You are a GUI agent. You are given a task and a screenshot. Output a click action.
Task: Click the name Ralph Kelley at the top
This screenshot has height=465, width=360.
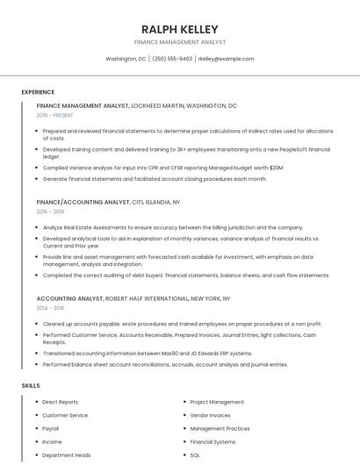tap(180, 29)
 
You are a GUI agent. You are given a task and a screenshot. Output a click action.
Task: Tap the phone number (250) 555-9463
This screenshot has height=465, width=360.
tap(172, 59)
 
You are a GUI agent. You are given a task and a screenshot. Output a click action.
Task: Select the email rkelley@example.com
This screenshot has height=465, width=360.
tap(226, 59)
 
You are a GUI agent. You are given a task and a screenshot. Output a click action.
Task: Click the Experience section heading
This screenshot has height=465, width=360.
tap(38, 92)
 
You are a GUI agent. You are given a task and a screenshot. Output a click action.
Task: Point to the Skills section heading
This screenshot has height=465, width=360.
tap(31, 385)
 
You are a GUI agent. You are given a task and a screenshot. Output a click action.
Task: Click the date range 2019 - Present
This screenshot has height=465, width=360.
tap(55, 115)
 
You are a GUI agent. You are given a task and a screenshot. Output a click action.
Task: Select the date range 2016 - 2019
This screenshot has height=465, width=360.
tap(50, 211)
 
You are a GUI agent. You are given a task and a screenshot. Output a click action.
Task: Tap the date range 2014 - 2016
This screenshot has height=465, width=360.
tap(50, 308)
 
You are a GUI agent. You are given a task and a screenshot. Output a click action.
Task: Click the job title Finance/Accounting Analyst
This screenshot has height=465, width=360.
tap(83, 202)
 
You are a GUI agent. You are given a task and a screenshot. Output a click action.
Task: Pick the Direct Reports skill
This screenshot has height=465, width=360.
tap(60, 402)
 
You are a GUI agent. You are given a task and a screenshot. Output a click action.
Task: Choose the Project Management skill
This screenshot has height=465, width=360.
tap(217, 402)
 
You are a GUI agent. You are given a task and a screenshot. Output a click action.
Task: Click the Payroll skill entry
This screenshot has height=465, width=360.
tap(51, 428)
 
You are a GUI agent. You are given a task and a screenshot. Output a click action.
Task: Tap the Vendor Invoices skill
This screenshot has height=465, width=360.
tap(210, 415)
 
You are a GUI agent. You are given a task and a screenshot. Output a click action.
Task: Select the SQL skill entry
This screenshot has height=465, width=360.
tap(195, 455)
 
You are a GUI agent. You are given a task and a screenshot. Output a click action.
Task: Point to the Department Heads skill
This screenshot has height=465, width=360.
tap(66, 455)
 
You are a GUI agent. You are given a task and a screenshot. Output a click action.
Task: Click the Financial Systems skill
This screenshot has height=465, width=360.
tap(212, 442)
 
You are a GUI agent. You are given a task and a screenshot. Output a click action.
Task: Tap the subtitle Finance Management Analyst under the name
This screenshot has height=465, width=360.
tap(180, 41)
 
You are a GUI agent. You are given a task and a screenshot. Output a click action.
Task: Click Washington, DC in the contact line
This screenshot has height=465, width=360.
tap(126, 59)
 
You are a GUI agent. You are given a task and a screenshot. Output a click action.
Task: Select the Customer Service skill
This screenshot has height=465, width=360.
tap(65, 415)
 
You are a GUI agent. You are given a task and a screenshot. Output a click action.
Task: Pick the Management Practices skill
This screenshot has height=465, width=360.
tap(220, 428)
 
